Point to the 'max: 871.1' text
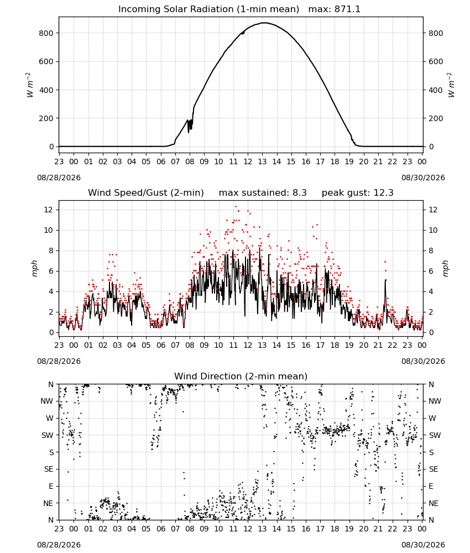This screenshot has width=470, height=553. click(335, 9)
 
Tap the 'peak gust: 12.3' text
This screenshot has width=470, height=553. click(357, 192)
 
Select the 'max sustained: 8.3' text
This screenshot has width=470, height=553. click(263, 192)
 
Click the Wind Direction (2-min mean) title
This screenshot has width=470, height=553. click(241, 376)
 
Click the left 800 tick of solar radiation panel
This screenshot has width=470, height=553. click(46, 33)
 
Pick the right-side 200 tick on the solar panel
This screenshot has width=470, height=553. click(436, 118)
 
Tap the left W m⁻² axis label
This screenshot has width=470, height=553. click(30, 85)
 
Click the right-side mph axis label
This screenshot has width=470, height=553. click(445, 268)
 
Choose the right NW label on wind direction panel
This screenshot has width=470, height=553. click(435, 401)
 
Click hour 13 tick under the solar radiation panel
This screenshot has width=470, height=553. click(262, 161)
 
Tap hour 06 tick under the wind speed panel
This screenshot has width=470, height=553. click(161, 345)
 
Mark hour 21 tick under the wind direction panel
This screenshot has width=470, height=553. click(378, 529)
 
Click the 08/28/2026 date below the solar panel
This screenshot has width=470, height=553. click(59, 178)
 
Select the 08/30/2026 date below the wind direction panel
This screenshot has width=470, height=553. click(423, 545)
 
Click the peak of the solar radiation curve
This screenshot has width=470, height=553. click(264, 23)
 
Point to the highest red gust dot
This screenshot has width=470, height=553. click(236, 207)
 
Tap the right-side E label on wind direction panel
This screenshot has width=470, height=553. click(431, 486)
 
